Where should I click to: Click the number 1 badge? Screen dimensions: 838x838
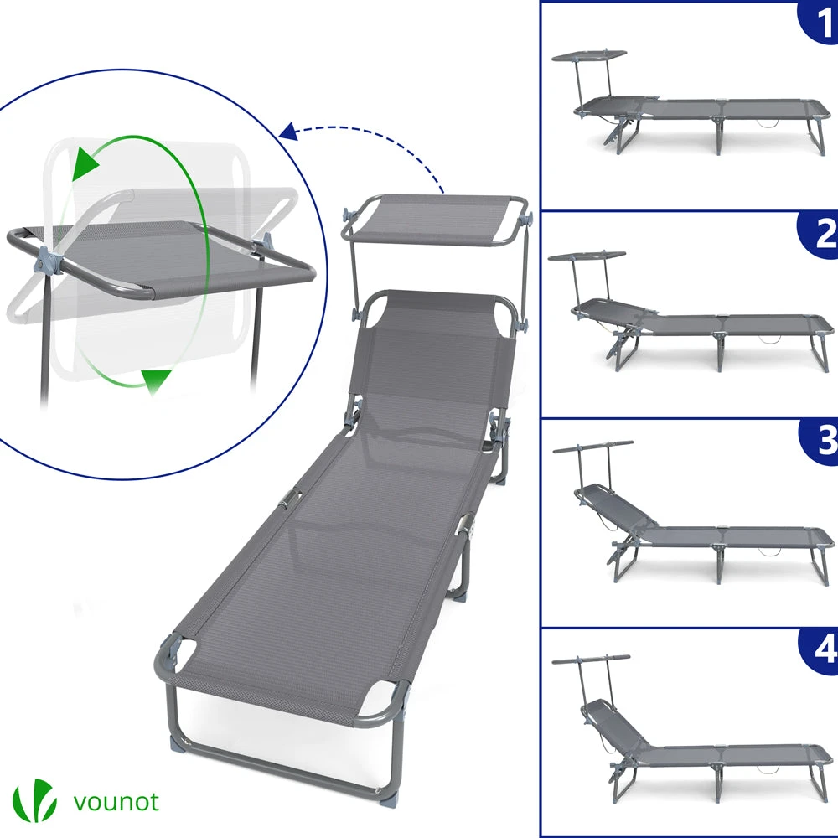820,22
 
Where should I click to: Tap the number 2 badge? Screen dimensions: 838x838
821,234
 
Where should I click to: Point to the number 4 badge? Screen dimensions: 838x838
821,649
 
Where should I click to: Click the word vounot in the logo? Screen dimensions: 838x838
116,802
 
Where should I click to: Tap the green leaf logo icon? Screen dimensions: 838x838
34,800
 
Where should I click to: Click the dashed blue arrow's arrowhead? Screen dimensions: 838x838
288,132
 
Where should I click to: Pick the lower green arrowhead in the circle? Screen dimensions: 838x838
156,380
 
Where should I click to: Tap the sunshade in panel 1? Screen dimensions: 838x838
588,55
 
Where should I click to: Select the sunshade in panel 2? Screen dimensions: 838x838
587,256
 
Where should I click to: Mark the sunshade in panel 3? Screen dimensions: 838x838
592,446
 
